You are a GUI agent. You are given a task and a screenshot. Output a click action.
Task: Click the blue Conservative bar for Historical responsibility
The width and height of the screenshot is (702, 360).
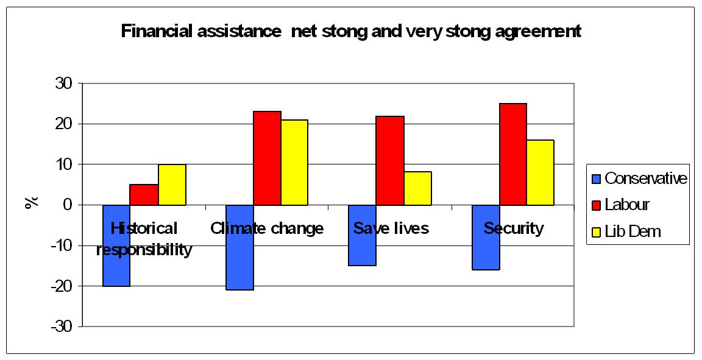pos(116,268)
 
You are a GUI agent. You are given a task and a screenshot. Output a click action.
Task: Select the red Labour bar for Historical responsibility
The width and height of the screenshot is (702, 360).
pos(144,195)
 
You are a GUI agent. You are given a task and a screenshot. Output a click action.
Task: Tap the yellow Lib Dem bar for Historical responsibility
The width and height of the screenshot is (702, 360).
pos(172,185)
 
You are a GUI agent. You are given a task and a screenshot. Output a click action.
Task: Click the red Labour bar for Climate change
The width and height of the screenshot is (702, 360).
pos(267,158)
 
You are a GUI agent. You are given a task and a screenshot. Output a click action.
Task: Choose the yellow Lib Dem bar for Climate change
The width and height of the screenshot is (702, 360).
pos(294,162)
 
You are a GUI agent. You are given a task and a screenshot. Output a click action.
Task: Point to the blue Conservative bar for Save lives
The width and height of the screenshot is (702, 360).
pos(362,250)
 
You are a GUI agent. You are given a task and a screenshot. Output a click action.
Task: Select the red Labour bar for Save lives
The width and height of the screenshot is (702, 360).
pos(390,160)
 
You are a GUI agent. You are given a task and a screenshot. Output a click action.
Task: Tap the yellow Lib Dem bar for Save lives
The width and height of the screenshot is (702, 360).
pos(417,188)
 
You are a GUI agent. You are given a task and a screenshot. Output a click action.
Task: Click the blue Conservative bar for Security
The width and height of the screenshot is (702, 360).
pos(486,253)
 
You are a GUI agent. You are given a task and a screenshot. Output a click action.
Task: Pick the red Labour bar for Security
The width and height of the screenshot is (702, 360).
pos(513,154)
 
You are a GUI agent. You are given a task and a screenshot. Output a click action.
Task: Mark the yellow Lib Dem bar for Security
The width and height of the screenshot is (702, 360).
pos(541,172)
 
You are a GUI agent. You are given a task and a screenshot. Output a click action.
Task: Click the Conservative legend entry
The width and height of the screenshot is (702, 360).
pos(639,178)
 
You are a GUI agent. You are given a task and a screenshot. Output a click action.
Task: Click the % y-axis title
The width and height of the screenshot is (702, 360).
pos(30,202)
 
